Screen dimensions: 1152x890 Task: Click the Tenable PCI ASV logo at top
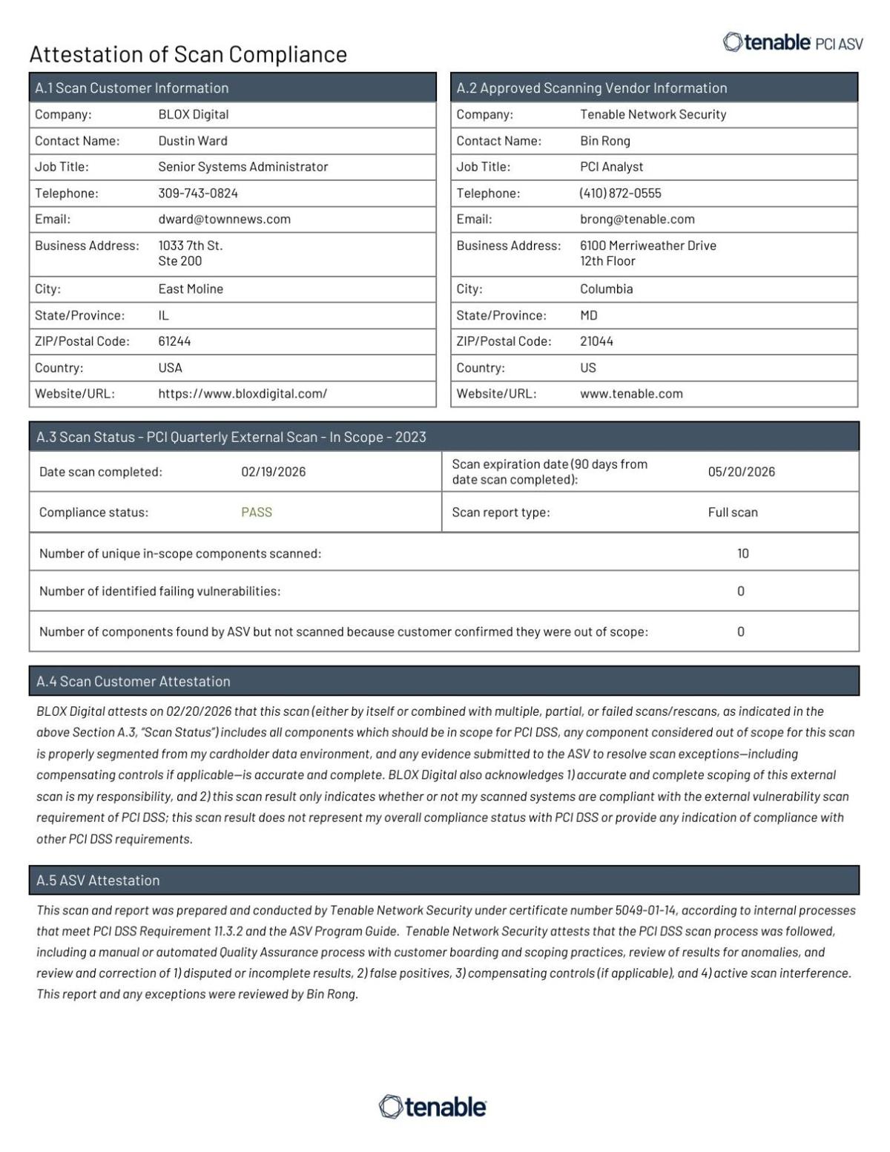[x=792, y=43]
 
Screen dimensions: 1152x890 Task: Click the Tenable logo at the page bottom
[x=432, y=1107]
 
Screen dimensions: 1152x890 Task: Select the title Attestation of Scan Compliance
[x=188, y=54]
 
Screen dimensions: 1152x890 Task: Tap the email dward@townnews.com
[x=224, y=219]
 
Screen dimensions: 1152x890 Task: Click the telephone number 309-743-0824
[x=198, y=193]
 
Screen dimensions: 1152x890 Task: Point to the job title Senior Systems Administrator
[x=243, y=167]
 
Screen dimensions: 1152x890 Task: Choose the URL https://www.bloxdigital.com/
[x=243, y=394]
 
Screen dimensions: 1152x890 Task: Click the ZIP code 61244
[x=174, y=341]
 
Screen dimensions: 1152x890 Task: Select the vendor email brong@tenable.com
[x=637, y=219]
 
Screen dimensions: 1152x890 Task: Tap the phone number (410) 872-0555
[x=620, y=193]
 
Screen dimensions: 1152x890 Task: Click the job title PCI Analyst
[x=611, y=167]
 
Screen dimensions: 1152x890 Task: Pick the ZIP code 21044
[x=596, y=341]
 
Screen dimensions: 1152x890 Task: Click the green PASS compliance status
[x=257, y=512]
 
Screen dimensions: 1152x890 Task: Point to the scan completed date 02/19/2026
[x=273, y=472]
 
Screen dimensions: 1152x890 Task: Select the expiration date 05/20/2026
[x=741, y=472]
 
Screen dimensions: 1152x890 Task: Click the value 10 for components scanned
[x=742, y=553]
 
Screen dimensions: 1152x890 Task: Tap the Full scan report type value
[x=732, y=512]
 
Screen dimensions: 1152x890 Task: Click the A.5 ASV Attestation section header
[x=98, y=881]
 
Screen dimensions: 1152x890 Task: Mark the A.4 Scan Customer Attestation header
[x=133, y=681]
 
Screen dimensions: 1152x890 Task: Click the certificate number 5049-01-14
[x=646, y=910]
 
